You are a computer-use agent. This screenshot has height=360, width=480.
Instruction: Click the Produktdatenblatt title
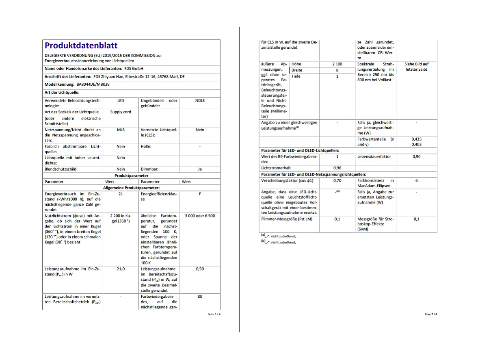coord(81,46)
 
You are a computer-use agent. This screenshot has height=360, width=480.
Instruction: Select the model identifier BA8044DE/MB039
coord(93,85)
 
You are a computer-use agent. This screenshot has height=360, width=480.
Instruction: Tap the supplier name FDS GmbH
coord(134,68)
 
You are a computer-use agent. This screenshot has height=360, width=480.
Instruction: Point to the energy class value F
coord(200,194)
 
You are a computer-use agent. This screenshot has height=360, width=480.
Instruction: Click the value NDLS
coord(200,100)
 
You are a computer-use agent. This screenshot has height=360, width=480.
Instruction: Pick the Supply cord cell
coord(121,112)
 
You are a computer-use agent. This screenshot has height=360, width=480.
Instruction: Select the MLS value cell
coord(121,130)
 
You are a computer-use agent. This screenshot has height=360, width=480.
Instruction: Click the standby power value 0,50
coord(200,269)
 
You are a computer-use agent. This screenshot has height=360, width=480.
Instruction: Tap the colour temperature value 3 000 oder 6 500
coord(200,216)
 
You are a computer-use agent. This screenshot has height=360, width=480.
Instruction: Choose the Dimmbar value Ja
coord(200,169)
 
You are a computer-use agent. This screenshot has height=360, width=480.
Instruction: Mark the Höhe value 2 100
coord(337,64)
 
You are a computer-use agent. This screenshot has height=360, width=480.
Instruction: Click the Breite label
coord(297,70)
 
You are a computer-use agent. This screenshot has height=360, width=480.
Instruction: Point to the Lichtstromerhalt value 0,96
coord(337,168)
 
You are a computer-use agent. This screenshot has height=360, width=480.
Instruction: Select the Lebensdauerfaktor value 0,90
coord(416,156)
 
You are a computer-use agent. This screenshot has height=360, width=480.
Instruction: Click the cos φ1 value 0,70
coord(337,180)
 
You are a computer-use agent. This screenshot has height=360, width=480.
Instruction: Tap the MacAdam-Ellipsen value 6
coord(416,180)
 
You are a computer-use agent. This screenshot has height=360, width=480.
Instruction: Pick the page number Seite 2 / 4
coord(431,314)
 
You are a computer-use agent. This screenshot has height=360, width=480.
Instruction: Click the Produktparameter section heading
coord(131,176)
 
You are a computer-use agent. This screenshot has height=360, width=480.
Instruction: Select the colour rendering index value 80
coord(200,297)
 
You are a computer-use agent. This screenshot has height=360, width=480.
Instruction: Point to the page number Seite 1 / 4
coord(214,314)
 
